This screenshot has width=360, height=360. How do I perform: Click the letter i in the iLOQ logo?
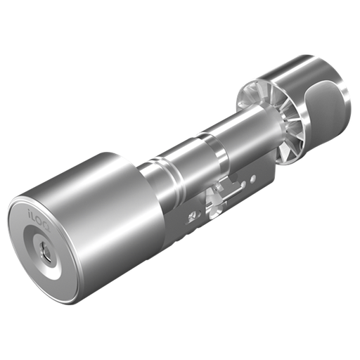pos(29,208)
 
